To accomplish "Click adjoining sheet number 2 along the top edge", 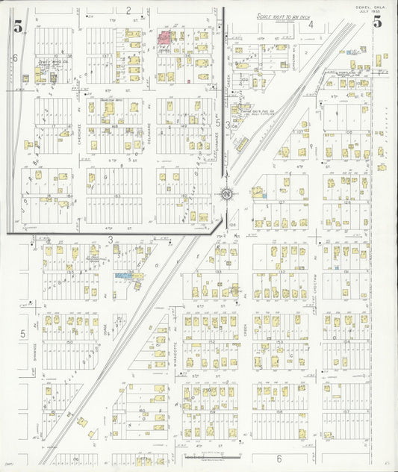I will [128, 10].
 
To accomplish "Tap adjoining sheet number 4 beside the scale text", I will [310, 24].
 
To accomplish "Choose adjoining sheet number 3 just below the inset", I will [110, 240].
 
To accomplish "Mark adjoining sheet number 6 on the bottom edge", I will [279, 458].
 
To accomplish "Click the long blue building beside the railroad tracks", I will [129, 276].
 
